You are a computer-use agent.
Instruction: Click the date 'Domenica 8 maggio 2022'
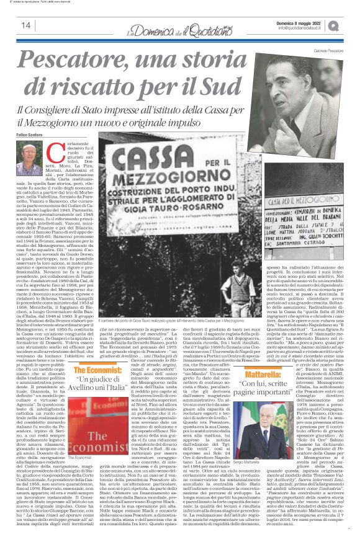(314, 22)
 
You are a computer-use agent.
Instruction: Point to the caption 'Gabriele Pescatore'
(323, 48)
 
